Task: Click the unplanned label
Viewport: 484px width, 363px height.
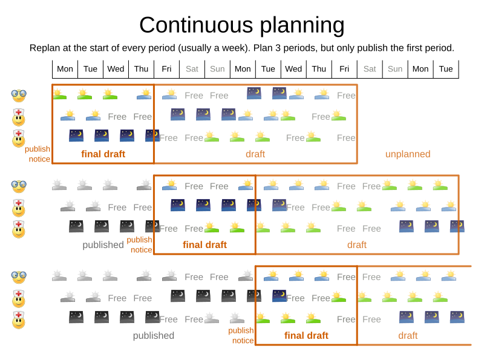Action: [408, 154]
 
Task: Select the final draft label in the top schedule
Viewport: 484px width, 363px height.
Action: [103, 154]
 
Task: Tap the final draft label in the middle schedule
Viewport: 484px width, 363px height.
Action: [204, 245]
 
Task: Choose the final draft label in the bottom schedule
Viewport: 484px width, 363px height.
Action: [306, 336]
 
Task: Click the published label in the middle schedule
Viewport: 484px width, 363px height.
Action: [103, 245]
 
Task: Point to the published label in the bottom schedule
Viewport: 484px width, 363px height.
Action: [154, 336]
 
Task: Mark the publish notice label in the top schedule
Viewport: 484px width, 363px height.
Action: [38, 154]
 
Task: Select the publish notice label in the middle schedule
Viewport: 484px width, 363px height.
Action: [139, 244]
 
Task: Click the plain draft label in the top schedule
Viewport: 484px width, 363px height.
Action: [255, 154]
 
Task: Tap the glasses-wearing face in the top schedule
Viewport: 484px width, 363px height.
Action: [19, 95]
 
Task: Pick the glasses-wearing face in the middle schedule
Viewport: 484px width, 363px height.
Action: [19, 185]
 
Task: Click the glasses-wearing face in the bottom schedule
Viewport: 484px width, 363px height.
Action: [19, 276]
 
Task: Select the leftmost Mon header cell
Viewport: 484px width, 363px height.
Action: [65, 69]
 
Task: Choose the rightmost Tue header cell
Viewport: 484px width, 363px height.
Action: [446, 69]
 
